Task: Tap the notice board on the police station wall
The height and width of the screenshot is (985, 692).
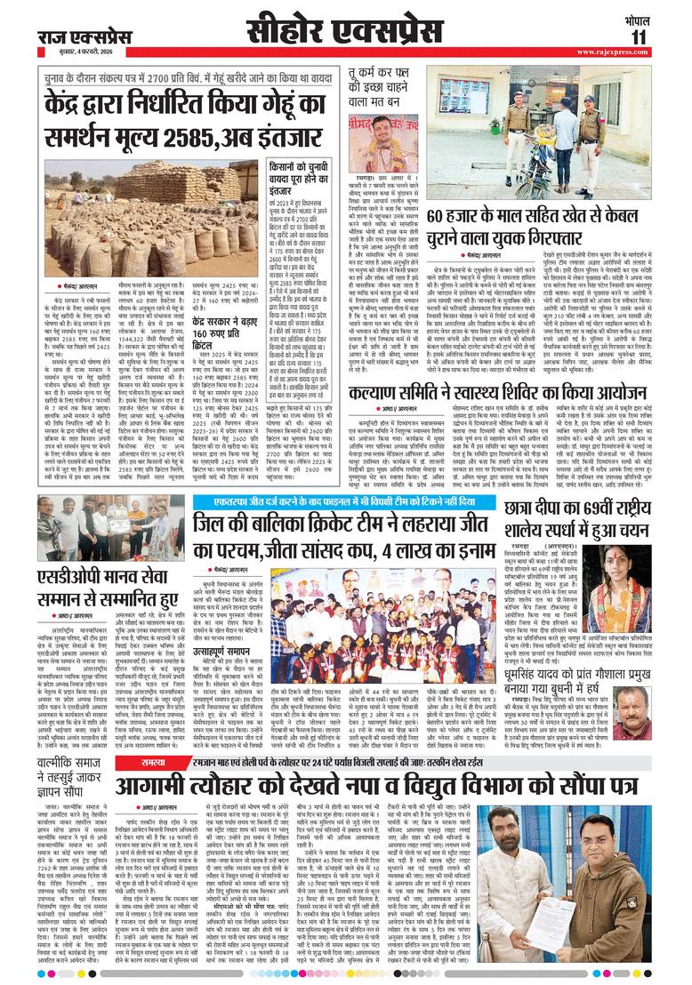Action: coord(466,100)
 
